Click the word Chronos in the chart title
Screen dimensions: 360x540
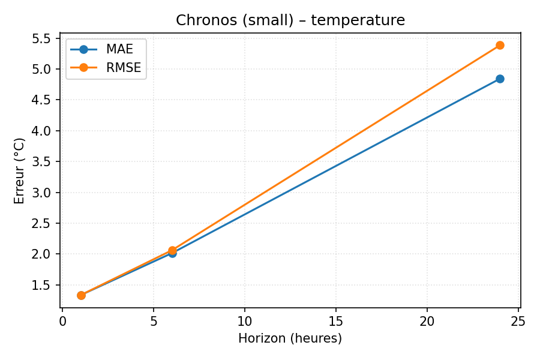click(202, 20)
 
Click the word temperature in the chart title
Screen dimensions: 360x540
click(358, 20)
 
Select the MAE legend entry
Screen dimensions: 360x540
click(119, 49)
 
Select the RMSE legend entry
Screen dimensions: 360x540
click(123, 68)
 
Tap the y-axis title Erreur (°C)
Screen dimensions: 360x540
click(20, 171)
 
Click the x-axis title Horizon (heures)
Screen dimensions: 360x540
click(290, 338)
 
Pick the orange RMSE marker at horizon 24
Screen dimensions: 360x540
click(500, 45)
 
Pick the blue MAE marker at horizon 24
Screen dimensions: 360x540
click(500, 79)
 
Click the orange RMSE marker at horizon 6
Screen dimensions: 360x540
click(172, 250)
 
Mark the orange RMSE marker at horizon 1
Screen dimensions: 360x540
click(81, 295)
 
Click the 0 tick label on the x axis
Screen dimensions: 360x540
click(62, 321)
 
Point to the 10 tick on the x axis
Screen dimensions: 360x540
click(245, 321)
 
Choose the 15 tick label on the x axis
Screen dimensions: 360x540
click(336, 321)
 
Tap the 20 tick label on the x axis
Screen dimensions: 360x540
click(427, 321)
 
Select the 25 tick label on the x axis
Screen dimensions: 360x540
click(518, 321)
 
